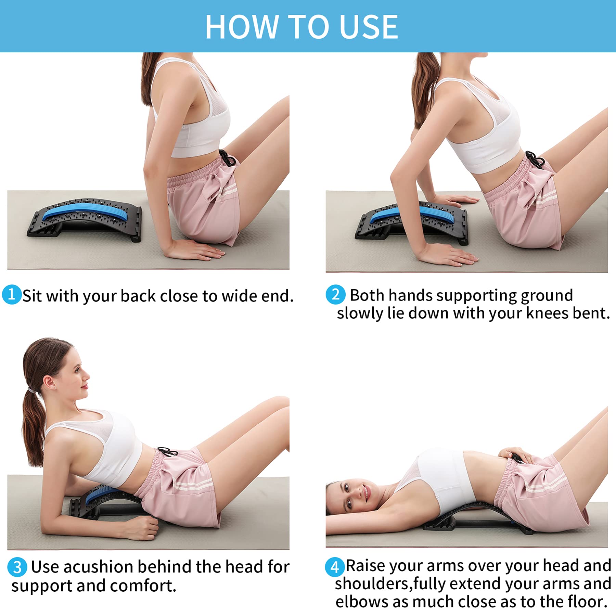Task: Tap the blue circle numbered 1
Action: [x=11, y=294]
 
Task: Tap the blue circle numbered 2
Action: [x=335, y=294]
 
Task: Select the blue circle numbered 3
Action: [x=17, y=567]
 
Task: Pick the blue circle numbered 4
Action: [x=334, y=567]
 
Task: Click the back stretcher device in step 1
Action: [x=86, y=219]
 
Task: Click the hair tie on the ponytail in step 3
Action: [x=33, y=390]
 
